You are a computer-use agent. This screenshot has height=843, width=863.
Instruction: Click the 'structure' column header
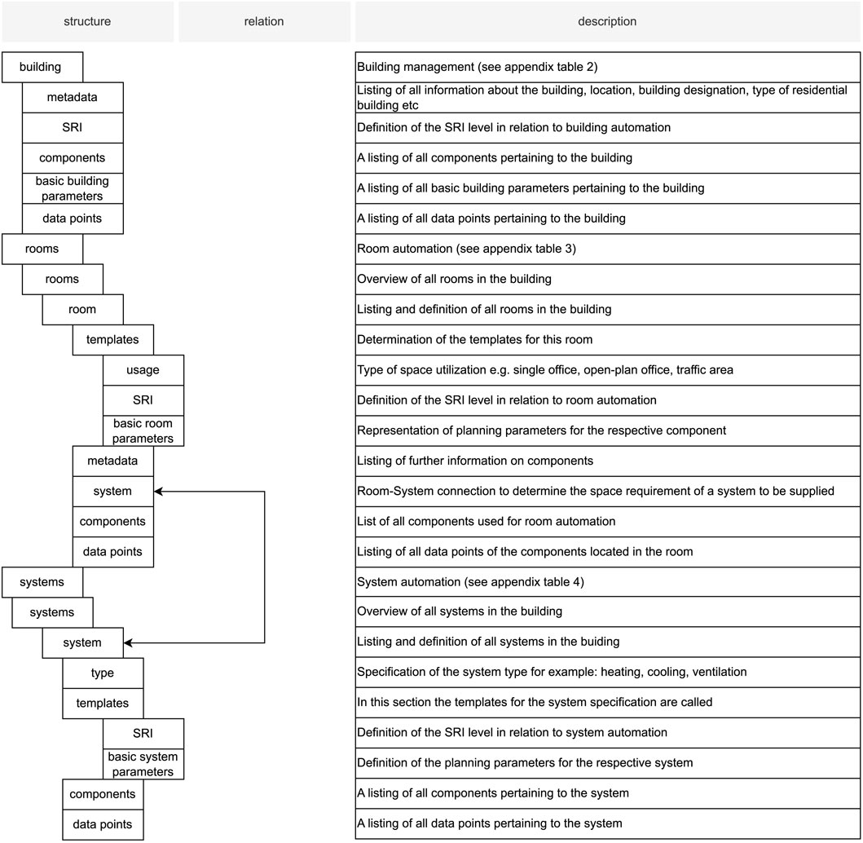(87, 21)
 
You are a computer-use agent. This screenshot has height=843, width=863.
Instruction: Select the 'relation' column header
(264, 21)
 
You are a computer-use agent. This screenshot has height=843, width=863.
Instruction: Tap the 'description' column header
(607, 21)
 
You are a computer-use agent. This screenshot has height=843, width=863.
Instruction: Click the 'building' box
(42, 67)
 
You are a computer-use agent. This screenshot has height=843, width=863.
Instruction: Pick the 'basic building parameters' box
(73, 188)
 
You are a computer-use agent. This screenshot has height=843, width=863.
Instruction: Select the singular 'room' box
(82, 309)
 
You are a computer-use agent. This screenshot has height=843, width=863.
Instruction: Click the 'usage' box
(143, 369)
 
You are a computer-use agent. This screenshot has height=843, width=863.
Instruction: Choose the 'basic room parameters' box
(143, 430)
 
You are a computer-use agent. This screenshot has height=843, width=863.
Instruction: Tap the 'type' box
(103, 673)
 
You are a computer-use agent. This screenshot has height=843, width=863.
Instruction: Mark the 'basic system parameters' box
(143, 764)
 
